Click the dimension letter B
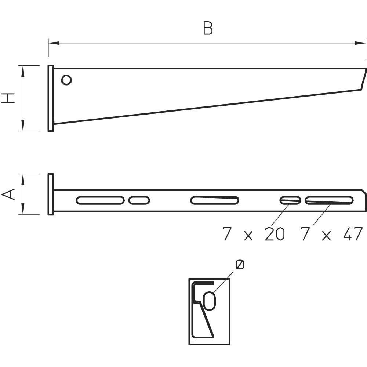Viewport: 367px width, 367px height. pyautogui.click(x=208, y=29)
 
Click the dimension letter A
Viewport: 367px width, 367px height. pyautogui.click(x=9, y=194)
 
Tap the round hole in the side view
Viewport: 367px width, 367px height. pyautogui.click(x=66, y=80)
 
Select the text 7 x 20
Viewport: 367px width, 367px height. pyautogui.click(x=254, y=234)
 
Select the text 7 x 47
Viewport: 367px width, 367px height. pyautogui.click(x=331, y=234)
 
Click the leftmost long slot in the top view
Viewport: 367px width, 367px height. pyautogui.click(x=100, y=200)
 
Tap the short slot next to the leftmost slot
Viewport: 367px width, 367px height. pyautogui.click(x=139, y=200)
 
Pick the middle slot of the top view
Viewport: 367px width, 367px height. pyautogui.click(x=215, y=200)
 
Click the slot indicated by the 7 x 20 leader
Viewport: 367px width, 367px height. pyautogui.click(x=290, y=200)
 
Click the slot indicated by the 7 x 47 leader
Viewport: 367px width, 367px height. pyautogui.click(x=329, y=200)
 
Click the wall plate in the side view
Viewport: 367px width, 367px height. pyautogui.click(x=51, y=98)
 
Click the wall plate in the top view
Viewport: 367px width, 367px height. pyautogui.click(x=51, y=194)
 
